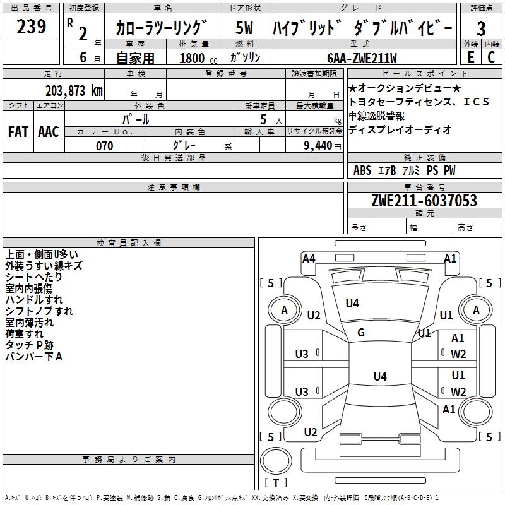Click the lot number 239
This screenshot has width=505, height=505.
pos(32,27)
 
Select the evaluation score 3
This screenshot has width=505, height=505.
pos(481,28)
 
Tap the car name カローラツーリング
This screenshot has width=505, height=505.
pos(162,28)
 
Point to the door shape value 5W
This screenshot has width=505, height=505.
pos(245,28)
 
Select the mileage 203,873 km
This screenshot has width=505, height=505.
pos(74,90)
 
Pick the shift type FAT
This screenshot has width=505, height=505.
pos(18,131)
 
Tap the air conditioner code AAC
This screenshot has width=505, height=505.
pos(49,131)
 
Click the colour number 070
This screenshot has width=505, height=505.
pos(105,146)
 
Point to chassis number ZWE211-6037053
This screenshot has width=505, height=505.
pos(424,201)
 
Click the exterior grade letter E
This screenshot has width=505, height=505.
pos(470,57)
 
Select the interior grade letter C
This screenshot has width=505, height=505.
pos(491,57)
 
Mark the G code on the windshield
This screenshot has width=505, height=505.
pos(361,333)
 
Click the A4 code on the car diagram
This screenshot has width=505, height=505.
pos(309,258)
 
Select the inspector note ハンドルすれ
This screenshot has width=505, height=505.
pos(34,300)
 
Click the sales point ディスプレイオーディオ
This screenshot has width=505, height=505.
pos(400,129)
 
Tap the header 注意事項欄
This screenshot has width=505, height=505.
pos(173,187)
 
